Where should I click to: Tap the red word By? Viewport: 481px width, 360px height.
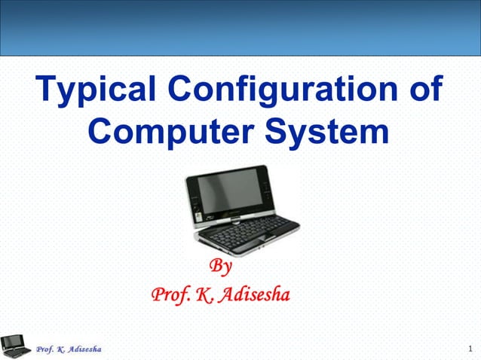pos(220,267)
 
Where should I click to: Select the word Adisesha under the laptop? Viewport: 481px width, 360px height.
pos(254,293)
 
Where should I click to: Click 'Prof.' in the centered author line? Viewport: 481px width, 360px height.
pos(170,293)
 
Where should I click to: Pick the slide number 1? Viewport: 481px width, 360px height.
pos(469,349)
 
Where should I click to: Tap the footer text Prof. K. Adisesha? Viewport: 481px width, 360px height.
pos(69,349)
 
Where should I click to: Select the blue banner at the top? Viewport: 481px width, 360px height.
pos(240,28)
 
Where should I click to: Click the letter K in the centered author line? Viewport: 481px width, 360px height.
pos(202,293)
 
